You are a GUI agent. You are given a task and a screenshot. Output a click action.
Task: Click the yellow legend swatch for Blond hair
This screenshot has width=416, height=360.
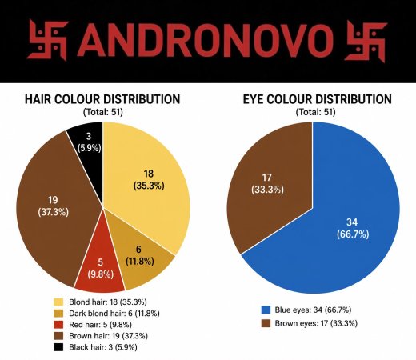click(58, 302)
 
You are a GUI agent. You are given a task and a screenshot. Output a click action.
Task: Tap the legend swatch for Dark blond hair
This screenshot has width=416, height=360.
click(58, 314)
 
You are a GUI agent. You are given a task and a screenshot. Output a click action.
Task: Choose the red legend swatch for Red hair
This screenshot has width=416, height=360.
click(58, 325)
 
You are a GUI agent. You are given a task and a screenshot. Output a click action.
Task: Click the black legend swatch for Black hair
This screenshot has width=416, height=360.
click(58, 347)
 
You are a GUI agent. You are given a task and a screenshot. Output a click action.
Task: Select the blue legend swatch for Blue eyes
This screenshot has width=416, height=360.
click(266, 310)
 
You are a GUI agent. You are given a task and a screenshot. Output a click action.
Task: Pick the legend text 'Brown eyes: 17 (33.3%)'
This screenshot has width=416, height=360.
click(316, 323)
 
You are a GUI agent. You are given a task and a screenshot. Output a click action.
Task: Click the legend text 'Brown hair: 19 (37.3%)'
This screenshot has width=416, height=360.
click(108, 336)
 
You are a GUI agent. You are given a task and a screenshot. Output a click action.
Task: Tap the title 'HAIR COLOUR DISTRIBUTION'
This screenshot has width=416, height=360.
click(102, 99)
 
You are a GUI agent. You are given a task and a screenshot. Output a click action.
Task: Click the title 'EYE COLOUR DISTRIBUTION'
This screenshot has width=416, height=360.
click(317, 99)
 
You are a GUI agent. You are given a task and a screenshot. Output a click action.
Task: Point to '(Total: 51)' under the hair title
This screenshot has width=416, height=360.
click(103, 112)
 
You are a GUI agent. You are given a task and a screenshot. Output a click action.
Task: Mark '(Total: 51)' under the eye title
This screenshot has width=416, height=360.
click(315, 112)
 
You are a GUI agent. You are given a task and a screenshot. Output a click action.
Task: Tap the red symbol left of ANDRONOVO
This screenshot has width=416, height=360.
click(48, 40)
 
